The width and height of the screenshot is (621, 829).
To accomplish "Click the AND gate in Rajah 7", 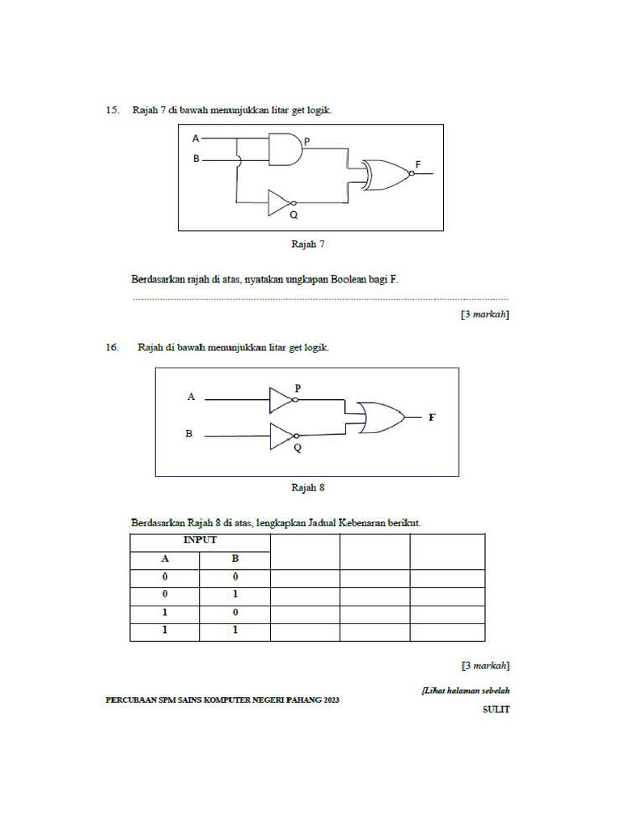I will (284, 150).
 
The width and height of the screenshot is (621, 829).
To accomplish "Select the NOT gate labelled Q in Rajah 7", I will (280, 203).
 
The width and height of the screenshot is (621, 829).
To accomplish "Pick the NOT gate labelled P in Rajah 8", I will (281, 398).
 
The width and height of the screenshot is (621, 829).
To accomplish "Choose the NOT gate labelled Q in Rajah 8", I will (281, 436).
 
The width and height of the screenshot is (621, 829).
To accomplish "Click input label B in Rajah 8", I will (189, 434).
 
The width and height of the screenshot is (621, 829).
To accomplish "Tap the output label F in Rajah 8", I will (432, 418).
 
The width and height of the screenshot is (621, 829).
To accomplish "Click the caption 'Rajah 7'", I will (307, 243).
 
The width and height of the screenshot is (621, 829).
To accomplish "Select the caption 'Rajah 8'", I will (307, 487).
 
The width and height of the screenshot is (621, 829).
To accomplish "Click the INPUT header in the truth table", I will (200, 540).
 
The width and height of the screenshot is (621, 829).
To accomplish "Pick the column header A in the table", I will (165, 559).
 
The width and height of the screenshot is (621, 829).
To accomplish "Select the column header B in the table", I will (235, 559).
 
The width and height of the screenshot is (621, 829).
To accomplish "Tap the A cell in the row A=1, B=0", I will (165, 613).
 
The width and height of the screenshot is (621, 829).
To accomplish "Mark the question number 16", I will (112, 347).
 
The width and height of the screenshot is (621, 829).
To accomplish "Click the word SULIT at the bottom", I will (496, 709).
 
